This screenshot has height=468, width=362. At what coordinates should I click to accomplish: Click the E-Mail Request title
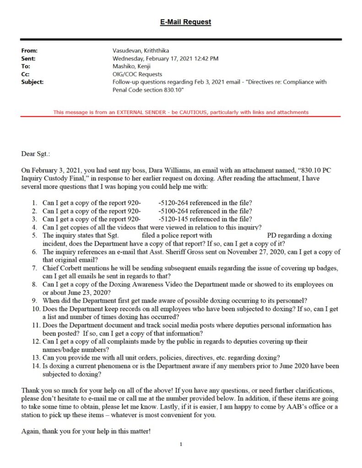pos(185,22)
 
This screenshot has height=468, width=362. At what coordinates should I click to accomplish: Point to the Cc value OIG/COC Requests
pos(137,74)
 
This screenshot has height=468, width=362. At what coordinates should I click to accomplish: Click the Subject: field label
pos(32,82)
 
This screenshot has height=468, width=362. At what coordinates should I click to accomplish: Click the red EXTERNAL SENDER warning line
pos(181,112)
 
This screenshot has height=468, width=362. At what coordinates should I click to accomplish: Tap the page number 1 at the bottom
pos(181,444)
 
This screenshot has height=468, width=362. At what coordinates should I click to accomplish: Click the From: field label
pos(29,51)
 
